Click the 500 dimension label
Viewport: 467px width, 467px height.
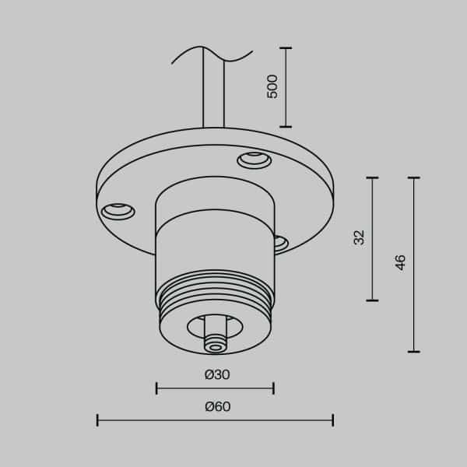(272, 86)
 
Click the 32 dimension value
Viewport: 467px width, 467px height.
(358, 237)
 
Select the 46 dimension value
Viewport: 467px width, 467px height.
(401, 262)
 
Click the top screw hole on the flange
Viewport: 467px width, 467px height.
(254, 160)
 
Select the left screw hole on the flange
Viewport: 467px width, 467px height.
(118, 209)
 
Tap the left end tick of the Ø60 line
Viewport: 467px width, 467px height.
(97, 420)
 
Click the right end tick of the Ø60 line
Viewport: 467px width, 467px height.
(333, 420)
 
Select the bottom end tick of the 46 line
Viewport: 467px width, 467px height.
(413, 352)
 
